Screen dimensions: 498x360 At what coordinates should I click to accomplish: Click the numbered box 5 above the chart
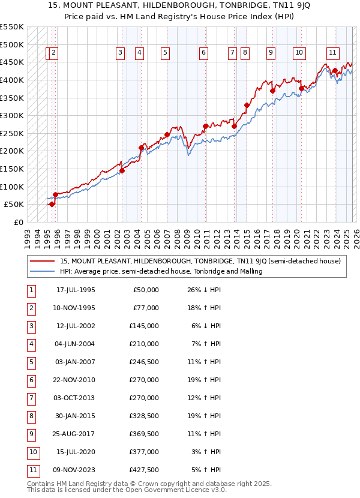tap(164, 53)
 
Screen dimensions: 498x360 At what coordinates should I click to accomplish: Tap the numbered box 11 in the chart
tap(332, 53)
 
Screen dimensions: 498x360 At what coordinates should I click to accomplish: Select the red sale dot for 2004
tap(142, 148)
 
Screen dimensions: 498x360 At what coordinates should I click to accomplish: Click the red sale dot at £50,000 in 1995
tap(52, 204)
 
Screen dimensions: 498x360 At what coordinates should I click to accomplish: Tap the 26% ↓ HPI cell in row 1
tap(203, 290)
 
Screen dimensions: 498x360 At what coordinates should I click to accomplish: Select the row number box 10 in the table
tap(32, 452)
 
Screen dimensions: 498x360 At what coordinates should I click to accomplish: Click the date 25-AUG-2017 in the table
tap(75, 434)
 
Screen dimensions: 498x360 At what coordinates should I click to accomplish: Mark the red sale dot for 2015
tap(247, 105)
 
